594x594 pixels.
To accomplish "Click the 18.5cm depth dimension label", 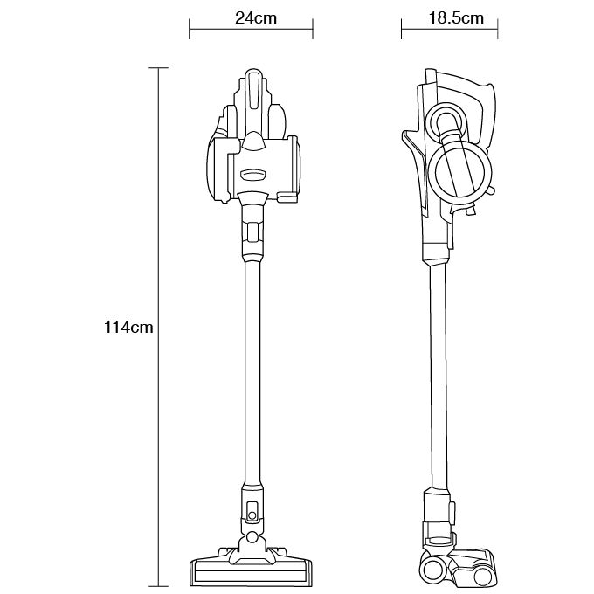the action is coord(456,17).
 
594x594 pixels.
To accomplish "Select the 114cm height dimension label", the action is coord(128,327).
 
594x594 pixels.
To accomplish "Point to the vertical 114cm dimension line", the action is coord(158,327).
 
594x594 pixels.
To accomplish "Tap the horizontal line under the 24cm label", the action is coord(251,29).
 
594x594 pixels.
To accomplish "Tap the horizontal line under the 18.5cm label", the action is coord(449,29).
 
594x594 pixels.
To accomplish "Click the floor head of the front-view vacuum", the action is coord(251,566).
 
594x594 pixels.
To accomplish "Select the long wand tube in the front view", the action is coord(252,371).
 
